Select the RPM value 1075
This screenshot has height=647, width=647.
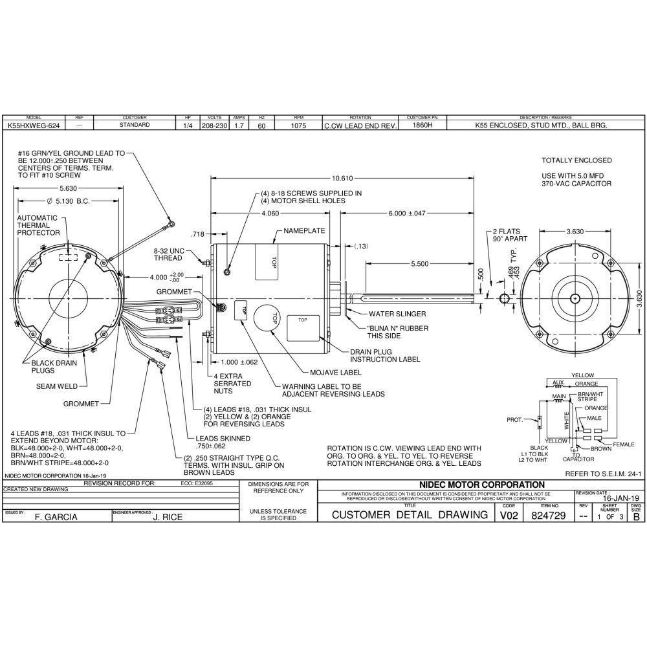point(298,125)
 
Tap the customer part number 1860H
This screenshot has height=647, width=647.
point(422,125)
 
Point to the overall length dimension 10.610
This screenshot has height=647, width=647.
point(342,178)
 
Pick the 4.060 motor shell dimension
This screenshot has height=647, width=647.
point(269,213)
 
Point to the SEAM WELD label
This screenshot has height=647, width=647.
point(57,386)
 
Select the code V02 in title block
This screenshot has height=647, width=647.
point(508,515)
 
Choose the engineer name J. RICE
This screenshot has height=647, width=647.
point(168,517)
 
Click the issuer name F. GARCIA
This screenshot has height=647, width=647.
point(56,517)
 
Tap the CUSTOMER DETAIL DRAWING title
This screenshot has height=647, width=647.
point(410,515)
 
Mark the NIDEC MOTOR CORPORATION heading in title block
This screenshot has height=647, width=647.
point(482,485)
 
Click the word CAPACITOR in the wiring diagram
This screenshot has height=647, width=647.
point(578,459)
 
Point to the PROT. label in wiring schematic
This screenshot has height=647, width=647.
point(515,419)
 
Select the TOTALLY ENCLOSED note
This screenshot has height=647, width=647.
point(576,160)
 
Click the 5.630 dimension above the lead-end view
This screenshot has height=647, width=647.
point(69,189)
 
